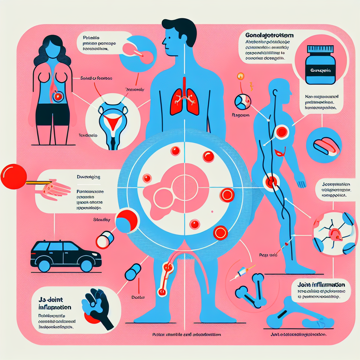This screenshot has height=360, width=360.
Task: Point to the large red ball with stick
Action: point(13,177)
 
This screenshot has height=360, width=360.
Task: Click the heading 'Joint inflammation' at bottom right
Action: point(319,285)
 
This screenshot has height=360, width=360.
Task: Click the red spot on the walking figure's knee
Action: point(271,182)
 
